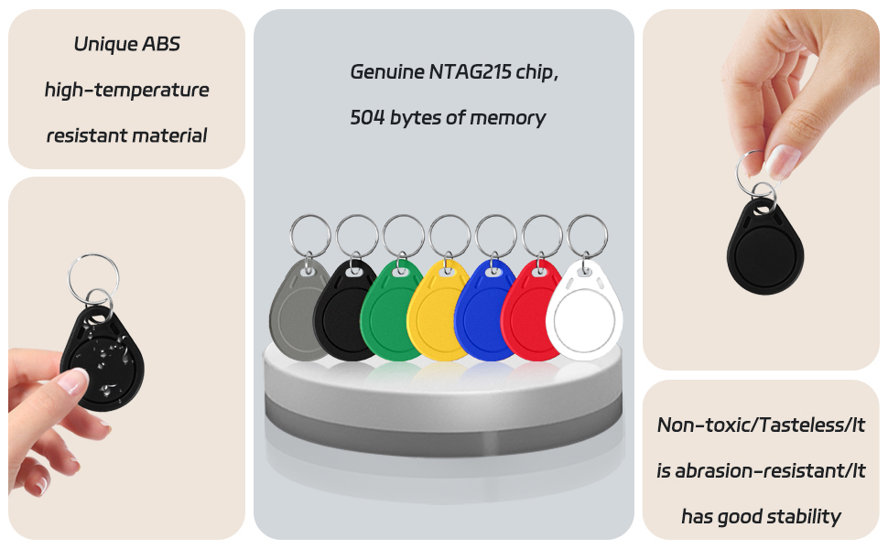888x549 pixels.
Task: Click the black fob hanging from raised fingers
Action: point(765,249)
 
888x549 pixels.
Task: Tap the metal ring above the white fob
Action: point(588,216)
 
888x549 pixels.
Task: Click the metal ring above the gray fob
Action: point(309,215)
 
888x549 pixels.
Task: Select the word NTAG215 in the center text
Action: point(470,72)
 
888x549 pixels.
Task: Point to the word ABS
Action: point(161,44)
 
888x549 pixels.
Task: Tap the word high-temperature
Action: point(127,91)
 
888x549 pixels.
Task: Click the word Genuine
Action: point(387,72)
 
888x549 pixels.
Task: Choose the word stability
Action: point(804,517)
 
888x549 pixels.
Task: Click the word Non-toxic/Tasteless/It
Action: point(761,425)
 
